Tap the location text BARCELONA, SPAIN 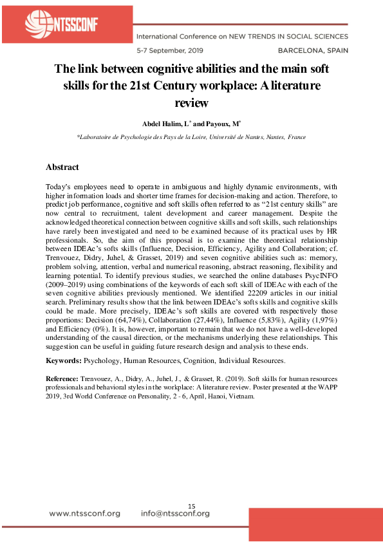313,49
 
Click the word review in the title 192,101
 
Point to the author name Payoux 207,122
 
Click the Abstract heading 62,167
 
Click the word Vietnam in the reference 241,397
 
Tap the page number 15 191,506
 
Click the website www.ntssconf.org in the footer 84,513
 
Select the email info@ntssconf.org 175,513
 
